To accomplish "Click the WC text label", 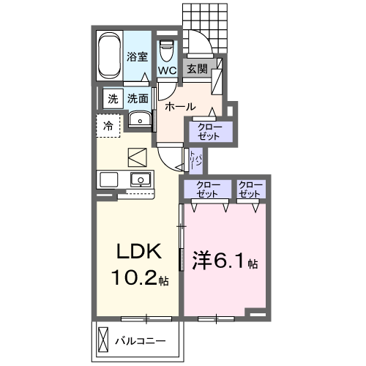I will (x=166, y=71).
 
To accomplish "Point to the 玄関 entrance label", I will (x=196, y=70).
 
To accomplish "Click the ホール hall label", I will (x=179, y=107).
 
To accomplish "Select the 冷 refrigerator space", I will (x=108, y=126).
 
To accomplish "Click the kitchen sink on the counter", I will (x=138, y=179).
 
